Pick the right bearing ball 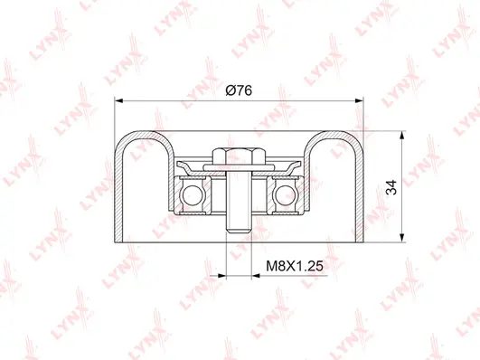coord(287,193)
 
